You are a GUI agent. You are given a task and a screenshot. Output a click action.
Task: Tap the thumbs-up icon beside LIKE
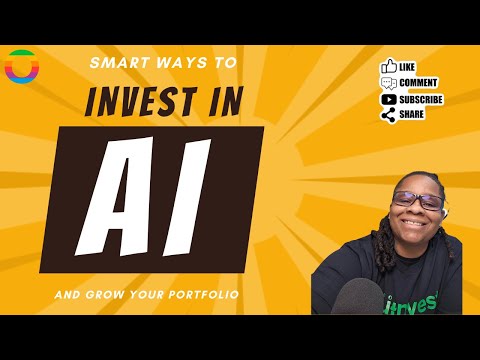(x=388, y=67)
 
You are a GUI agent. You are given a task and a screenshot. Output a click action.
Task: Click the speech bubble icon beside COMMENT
(x=388, y=83)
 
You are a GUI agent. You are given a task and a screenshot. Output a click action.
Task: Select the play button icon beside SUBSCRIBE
(x=388, y=99)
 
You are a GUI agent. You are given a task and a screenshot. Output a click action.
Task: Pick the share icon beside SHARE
(x=388, y=115)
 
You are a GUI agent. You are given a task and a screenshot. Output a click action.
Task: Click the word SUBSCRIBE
(x=421, y=99)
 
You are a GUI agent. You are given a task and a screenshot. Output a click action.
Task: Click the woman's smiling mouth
(x=419, y=222)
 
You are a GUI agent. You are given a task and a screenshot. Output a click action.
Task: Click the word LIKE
(x=407, y=67)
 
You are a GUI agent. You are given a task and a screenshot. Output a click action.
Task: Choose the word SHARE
(x=411, y=115)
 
